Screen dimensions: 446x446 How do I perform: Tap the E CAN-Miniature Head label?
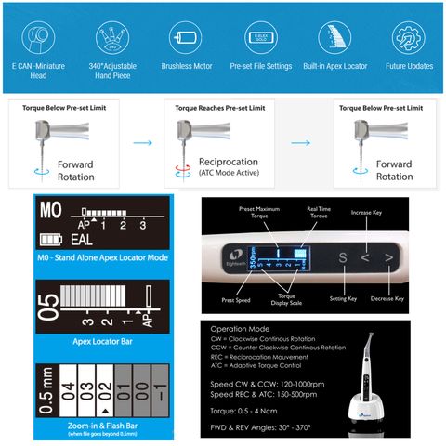pos(37,72)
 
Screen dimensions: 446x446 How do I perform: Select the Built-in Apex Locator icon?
pos(334,37)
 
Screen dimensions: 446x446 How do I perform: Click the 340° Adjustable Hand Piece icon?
pos(111,37)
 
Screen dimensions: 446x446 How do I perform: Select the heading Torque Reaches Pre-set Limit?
pos(220,108)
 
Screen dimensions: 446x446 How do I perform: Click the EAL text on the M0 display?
pos(82,241)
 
